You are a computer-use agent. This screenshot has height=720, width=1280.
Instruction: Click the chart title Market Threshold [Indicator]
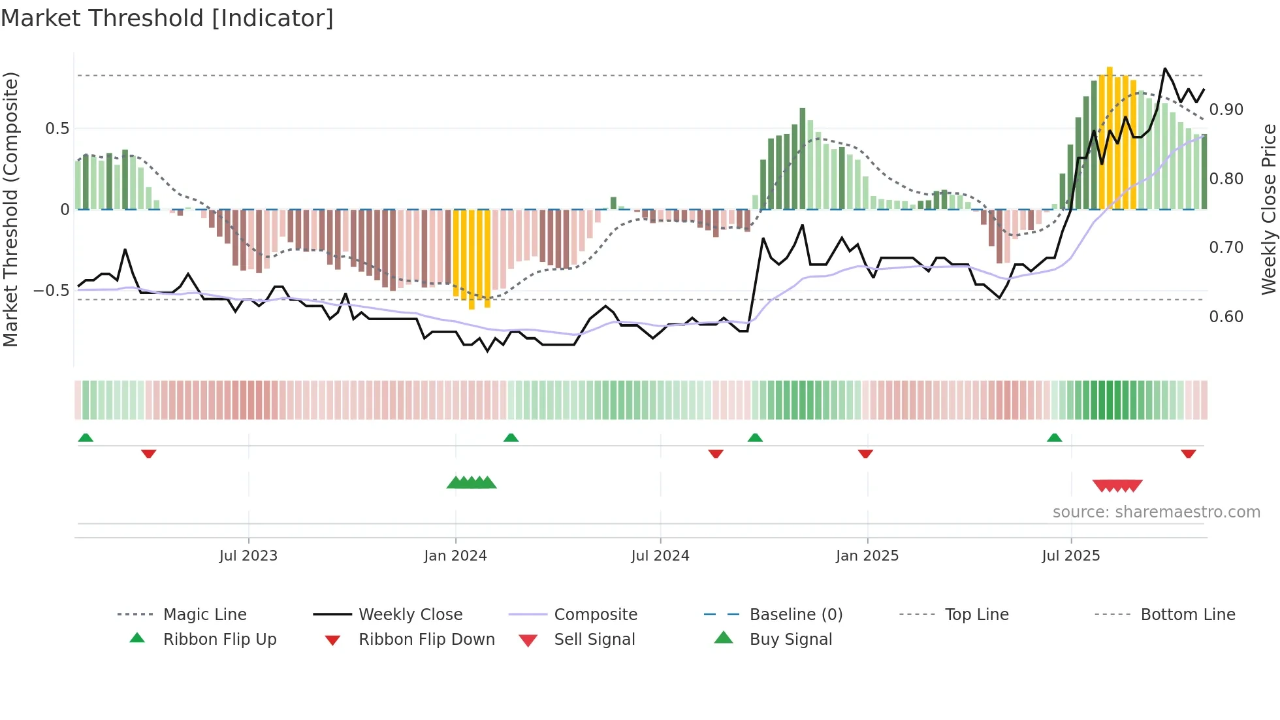167,18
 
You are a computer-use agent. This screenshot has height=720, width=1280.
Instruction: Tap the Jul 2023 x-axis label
248,556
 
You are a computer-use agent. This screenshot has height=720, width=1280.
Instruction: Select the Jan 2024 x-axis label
455,556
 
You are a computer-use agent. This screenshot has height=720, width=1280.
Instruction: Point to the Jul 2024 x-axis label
660,556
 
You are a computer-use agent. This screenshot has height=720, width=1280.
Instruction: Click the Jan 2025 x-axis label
867,556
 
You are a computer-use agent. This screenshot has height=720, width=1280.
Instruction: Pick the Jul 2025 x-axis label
1071,556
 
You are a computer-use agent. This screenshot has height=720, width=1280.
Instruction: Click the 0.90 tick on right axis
1226,110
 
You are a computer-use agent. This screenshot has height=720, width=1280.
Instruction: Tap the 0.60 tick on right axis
1226,317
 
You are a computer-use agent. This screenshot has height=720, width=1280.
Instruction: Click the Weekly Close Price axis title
1268,209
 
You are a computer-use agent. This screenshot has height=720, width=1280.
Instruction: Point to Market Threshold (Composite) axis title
10,209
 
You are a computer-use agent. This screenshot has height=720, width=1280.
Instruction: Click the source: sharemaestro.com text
1156,512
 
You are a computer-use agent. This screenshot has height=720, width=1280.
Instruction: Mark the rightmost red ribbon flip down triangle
1188,453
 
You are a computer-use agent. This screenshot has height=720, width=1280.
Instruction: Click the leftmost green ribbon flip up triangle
86,438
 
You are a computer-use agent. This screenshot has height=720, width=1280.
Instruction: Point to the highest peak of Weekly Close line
1164,69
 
